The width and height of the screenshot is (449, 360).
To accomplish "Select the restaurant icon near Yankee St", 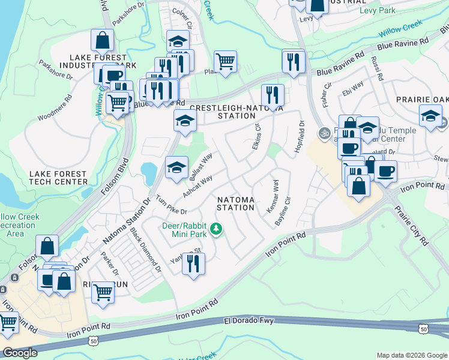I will tap(193, 265).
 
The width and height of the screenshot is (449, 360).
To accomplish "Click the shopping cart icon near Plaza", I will tap(225, 62).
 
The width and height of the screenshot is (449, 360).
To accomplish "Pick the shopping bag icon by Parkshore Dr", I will tap(103, 41).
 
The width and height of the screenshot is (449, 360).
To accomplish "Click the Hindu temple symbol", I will tap(324, 133).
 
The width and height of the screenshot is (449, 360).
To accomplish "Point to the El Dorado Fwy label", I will tap(249, 321).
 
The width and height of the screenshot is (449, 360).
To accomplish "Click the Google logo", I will tap(20, 353).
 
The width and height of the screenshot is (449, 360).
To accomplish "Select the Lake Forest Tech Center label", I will tap(58, 178).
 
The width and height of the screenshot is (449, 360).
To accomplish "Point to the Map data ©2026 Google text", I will tap(412, 355).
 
